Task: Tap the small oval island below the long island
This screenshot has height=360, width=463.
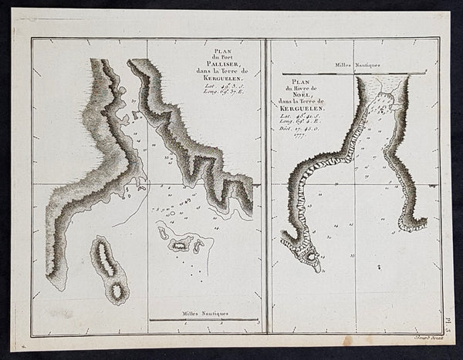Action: pyautogui.click(x=117, y=292)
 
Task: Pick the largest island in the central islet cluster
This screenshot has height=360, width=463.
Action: pyautogui.click(x=181, y=244)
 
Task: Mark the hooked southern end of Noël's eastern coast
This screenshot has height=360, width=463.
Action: pyautogui.click(x=413, y=224)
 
